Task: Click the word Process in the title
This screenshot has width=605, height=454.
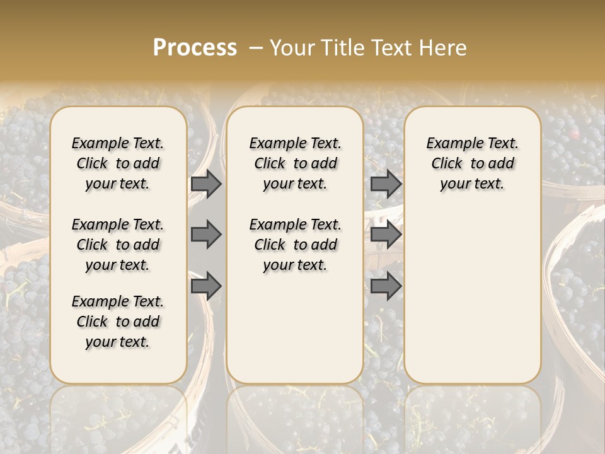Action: (x=195, y=48)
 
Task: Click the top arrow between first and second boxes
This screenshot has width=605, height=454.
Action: (x=206, y=183)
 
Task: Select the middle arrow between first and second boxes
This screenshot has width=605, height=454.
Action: (x=206, y=235)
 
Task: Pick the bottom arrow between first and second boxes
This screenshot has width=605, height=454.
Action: (x=206, y=286)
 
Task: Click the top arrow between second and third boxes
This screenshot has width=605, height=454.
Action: (x=386, y=183)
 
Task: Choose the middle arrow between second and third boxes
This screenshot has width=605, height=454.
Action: (x=386, y=235)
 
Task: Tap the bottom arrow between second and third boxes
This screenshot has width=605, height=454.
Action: (x=386, y=286)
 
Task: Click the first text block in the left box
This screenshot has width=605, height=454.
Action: (x=118, y=163)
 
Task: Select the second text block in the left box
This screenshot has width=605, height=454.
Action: (x=118, y=245)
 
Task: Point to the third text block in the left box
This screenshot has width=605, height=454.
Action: (x=118, y=322)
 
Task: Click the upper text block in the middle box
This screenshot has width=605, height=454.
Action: (x=295, y=163)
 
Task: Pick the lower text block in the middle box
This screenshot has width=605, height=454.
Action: (x=295, y=245)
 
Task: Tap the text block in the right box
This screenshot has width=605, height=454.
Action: (x=472, y=163)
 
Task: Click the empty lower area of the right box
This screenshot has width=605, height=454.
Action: (x=472, y=296)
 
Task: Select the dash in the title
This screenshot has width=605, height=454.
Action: (x=255, y=48)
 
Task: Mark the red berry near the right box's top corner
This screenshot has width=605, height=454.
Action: (x=574, y=134)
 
